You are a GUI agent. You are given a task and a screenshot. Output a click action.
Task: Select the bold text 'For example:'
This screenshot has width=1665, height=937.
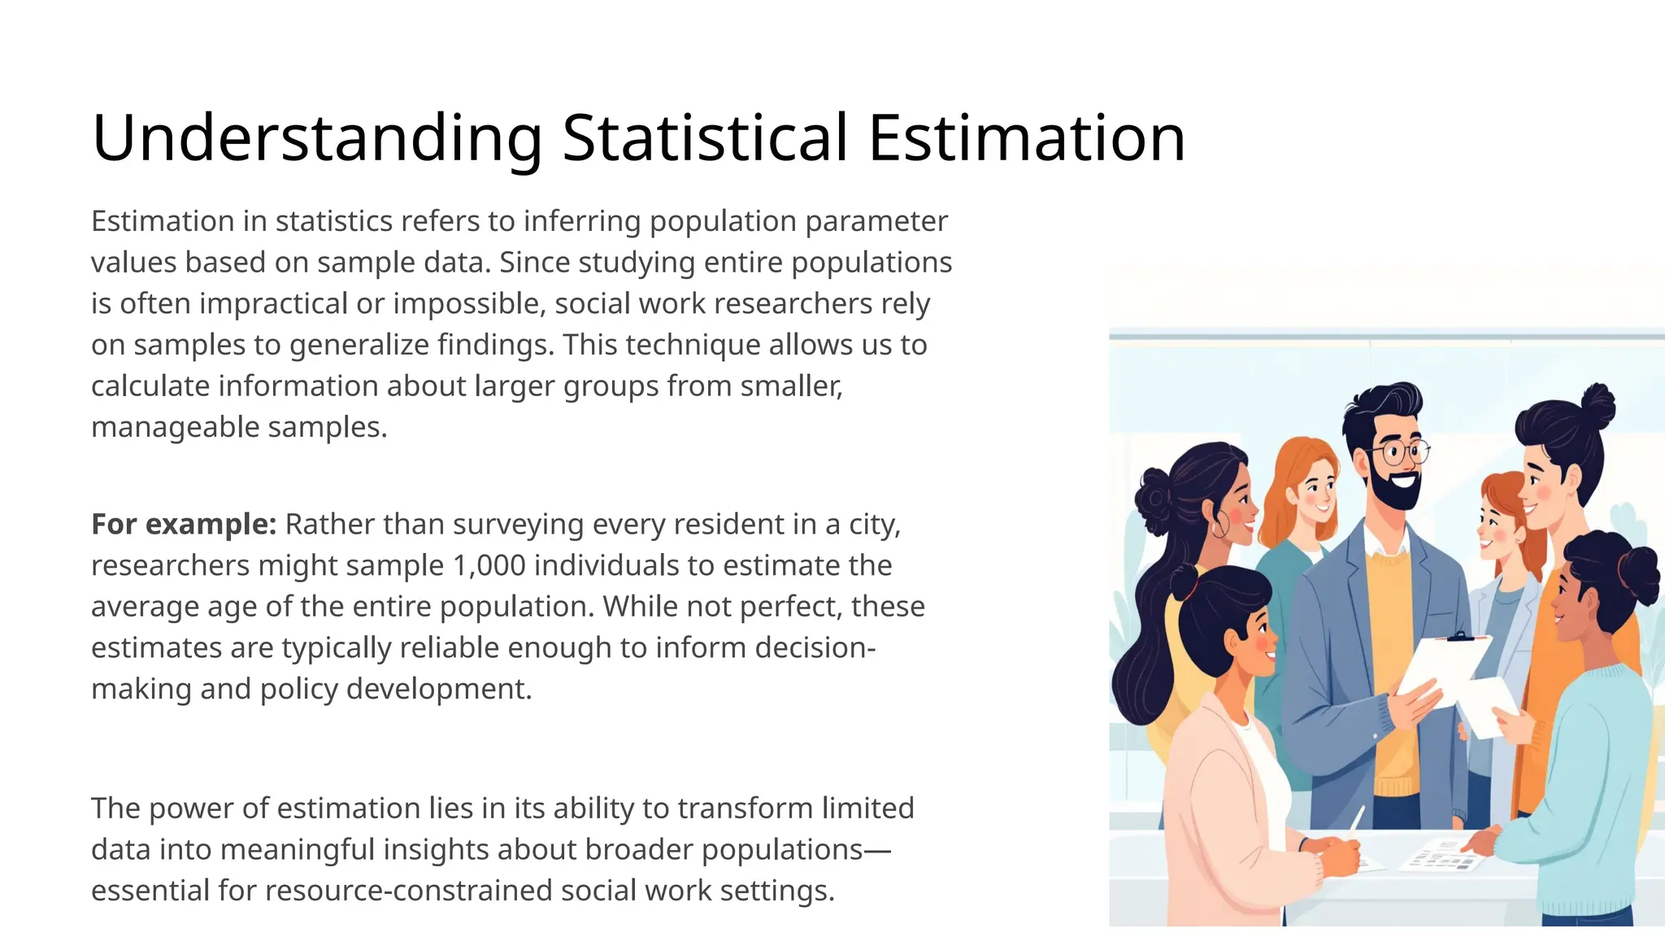coord(184,525)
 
